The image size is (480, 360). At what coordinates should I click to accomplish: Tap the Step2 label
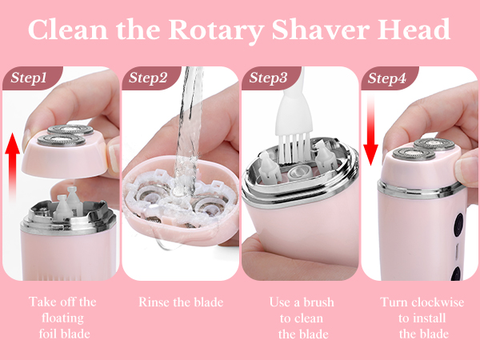tap(149, 78)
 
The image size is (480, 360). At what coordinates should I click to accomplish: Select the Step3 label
tap(269, 78)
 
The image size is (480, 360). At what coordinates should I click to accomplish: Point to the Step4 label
tap(387, 78)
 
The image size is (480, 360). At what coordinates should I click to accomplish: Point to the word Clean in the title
tap(66, 30)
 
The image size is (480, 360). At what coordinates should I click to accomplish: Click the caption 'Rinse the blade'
tap(180, 302)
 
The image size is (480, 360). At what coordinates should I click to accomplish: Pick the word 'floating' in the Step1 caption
tap(62, 318)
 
